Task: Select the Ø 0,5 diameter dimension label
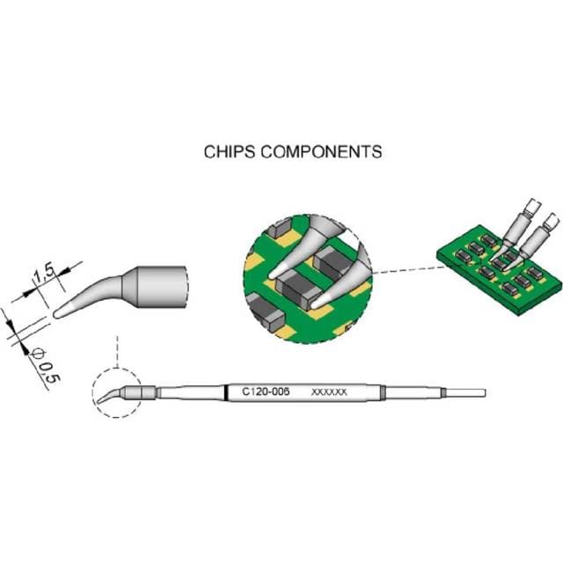click(x=40, y=363)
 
